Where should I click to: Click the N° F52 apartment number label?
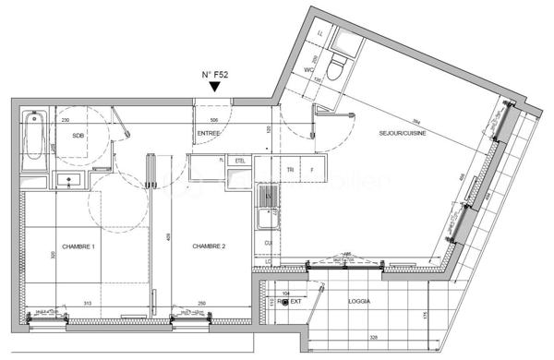click(x=215, y=75)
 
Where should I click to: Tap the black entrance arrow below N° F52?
click(x=215, y=88)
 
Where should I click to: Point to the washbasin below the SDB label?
click(x=68, y=179)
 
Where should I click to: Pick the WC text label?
click(x=310, y=69)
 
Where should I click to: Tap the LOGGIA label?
click(x=360, y=301)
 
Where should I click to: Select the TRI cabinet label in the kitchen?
click(x=290, y=170)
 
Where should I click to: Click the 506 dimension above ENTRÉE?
click(x=214, y=120)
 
